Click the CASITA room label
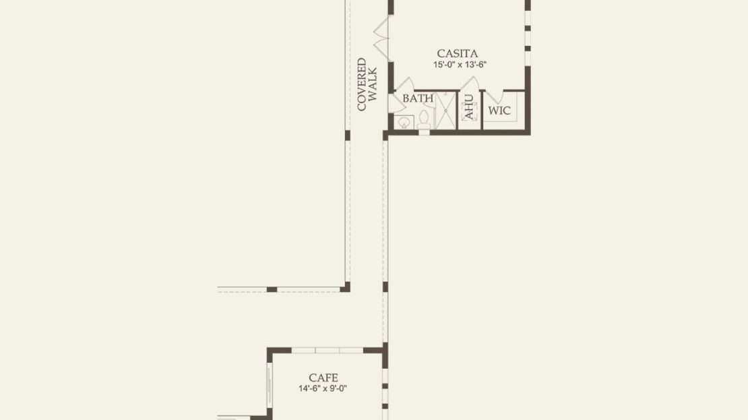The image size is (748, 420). [457, 53]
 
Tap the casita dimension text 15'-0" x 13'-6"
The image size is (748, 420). [460, 65]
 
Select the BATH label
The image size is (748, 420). [418, 98]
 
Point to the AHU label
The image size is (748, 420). [469, 107]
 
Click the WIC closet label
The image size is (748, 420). [499, 111]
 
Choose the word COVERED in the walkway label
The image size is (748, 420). [362, 84]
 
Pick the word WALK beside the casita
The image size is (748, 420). [373, 84]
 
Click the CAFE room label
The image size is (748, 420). [323, 378]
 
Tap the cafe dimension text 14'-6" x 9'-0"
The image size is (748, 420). [323, 388]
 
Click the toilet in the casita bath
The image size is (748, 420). [424, 120]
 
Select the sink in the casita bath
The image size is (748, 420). [404, 122]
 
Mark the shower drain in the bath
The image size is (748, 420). [445, 111]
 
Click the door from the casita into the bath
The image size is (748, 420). [403, 85]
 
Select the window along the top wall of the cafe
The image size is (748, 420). [328, 351]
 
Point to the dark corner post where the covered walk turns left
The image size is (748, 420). [345, 287]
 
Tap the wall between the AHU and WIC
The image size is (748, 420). [481, 110]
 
